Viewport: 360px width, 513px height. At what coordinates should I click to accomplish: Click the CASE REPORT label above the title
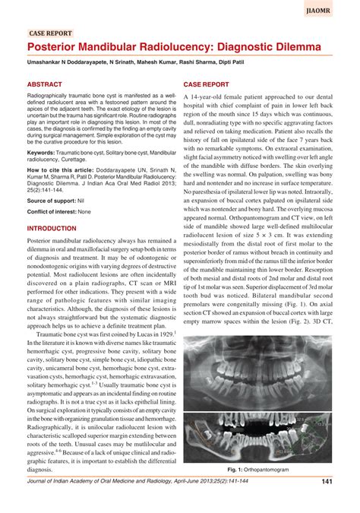[x=50, y=33]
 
